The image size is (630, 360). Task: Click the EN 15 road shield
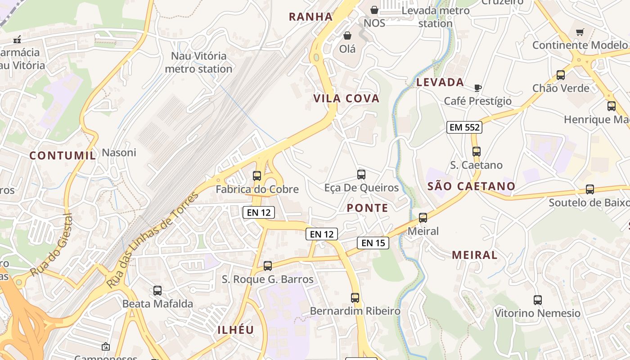click(373, 243)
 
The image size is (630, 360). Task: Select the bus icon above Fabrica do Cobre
click(257, 176)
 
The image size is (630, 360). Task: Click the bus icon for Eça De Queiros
click(361, 175)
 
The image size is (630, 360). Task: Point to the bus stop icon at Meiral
click(423, 218)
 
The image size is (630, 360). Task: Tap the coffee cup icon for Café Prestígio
click(478, 88)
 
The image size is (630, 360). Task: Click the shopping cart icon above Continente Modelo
click(580, 32)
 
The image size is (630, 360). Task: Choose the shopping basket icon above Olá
click(347, 36)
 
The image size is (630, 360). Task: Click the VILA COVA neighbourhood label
click(346, 99)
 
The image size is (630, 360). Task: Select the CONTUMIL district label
click(63, 156)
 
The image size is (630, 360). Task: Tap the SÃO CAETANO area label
click(472, 186)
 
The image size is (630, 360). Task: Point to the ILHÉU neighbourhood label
click(236, 330)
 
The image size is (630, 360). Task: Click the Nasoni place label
click(119, 153)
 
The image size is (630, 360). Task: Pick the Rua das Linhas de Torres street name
click(153, 240)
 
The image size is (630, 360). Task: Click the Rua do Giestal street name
click(51, 246)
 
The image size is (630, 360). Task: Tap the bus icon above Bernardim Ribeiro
click(355, 297)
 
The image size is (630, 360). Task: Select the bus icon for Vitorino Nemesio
click(537, 300)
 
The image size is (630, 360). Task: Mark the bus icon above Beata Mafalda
click(157, 291)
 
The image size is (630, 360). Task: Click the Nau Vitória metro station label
click(198, 63)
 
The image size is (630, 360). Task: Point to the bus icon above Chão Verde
click(561, 75)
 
